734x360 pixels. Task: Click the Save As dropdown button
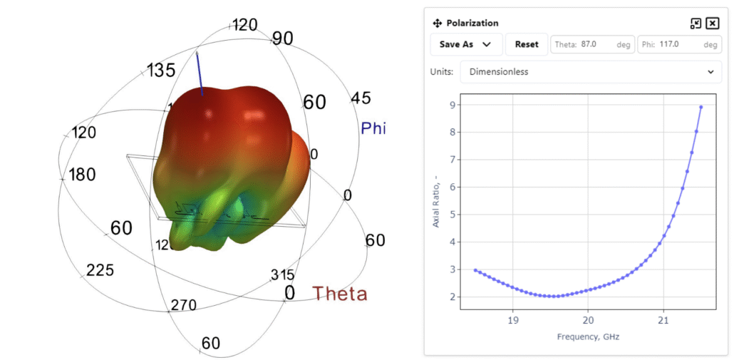[466, 44]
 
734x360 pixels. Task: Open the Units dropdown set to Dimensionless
[591, 72]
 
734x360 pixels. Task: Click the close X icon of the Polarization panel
[712, 24]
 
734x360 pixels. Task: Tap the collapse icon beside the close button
[696, 24]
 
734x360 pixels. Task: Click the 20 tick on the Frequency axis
[588, 321]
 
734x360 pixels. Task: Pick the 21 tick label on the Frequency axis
[663, 321]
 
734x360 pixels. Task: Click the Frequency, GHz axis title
[588, 336]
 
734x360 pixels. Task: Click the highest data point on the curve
[701, 107]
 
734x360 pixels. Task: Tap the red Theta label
[340, 293]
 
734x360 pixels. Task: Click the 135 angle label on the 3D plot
[161, 71]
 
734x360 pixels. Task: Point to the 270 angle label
[183, 305]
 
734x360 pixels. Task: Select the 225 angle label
[100, 270]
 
